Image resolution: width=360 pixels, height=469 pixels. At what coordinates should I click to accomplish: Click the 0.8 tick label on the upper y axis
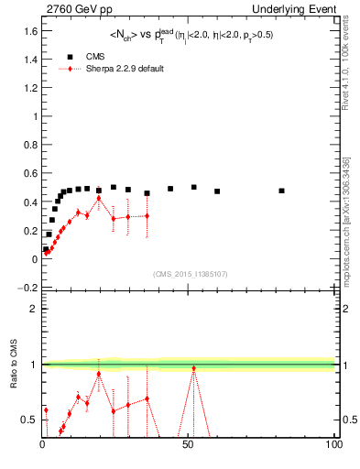tap(31, 145)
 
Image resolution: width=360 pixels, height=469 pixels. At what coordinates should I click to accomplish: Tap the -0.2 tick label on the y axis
tap(29, 288)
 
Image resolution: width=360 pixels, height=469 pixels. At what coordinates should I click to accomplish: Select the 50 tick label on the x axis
tap(188, 445)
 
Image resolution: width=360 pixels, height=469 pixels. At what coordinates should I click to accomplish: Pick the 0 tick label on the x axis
tap(42, 445)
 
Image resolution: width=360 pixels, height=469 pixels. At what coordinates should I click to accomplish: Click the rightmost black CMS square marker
tap(281, 191)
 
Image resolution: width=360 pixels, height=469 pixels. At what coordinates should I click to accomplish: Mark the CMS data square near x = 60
tap(217, 191)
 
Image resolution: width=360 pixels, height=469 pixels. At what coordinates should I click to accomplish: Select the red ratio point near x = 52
tap(193, 368)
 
